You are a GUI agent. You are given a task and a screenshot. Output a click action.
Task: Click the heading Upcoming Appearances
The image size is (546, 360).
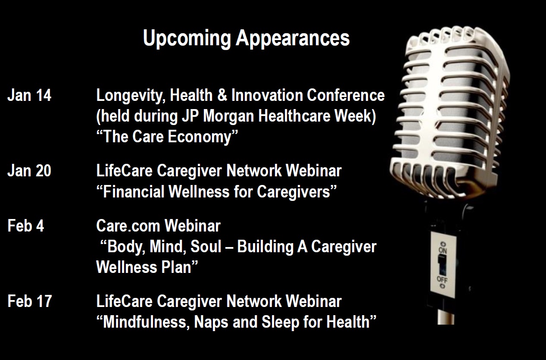[x=246, y=38]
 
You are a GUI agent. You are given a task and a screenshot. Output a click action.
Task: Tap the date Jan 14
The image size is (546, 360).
[x=29, y=95]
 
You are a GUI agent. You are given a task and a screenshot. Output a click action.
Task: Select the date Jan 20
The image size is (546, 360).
[x=29, y=170]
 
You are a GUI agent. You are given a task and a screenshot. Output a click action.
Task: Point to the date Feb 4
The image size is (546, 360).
[x=26, y=225]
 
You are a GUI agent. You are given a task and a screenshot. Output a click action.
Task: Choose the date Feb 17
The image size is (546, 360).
[x=30, y=301]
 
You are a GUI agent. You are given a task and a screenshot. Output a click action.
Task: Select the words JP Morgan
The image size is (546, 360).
[x=218, y=116]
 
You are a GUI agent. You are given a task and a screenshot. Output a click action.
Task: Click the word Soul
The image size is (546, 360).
[x=206, y=247]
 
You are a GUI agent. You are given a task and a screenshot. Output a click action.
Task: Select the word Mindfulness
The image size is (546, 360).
[x=146, y=322]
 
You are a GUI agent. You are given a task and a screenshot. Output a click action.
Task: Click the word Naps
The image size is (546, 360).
[x=211, y=323]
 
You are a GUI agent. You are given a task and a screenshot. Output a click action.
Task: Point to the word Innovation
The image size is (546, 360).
[x=267, y=95]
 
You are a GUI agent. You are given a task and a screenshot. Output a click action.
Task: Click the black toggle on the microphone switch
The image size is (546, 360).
[x=442, y=265]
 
